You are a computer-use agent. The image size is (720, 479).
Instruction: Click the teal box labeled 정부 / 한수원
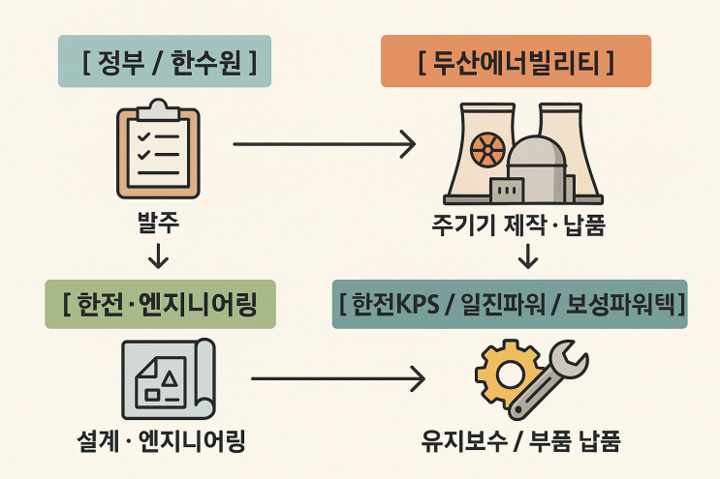164,63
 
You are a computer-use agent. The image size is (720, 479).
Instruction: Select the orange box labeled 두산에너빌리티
516,63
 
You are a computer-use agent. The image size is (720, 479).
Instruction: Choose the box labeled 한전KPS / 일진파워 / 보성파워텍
510,305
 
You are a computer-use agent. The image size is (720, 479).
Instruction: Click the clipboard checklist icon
157,152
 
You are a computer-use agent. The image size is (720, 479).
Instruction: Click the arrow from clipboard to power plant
324,145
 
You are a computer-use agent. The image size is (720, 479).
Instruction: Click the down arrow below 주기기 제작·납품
528,256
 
